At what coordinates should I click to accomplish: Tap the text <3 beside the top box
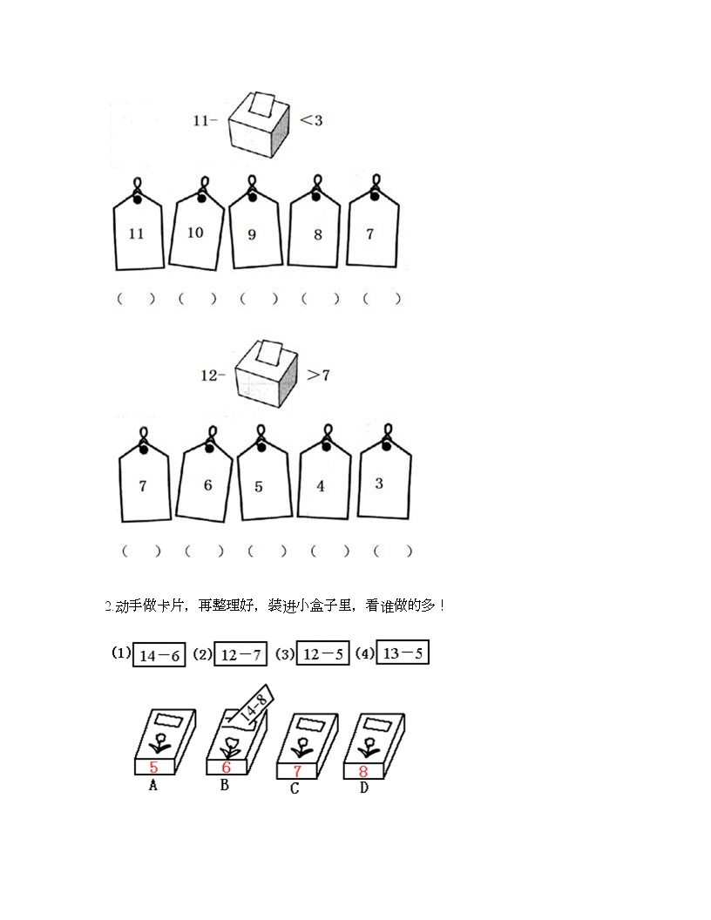312,120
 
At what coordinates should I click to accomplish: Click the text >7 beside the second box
319,375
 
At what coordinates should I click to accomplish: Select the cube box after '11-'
259,125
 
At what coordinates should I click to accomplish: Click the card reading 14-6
159,655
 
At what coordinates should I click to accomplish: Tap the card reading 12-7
240,654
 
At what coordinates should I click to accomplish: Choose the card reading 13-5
403,653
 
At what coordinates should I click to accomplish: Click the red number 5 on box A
153,767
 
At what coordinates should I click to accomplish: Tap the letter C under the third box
295,788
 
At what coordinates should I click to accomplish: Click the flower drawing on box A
159,741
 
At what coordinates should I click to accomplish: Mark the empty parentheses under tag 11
136,299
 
